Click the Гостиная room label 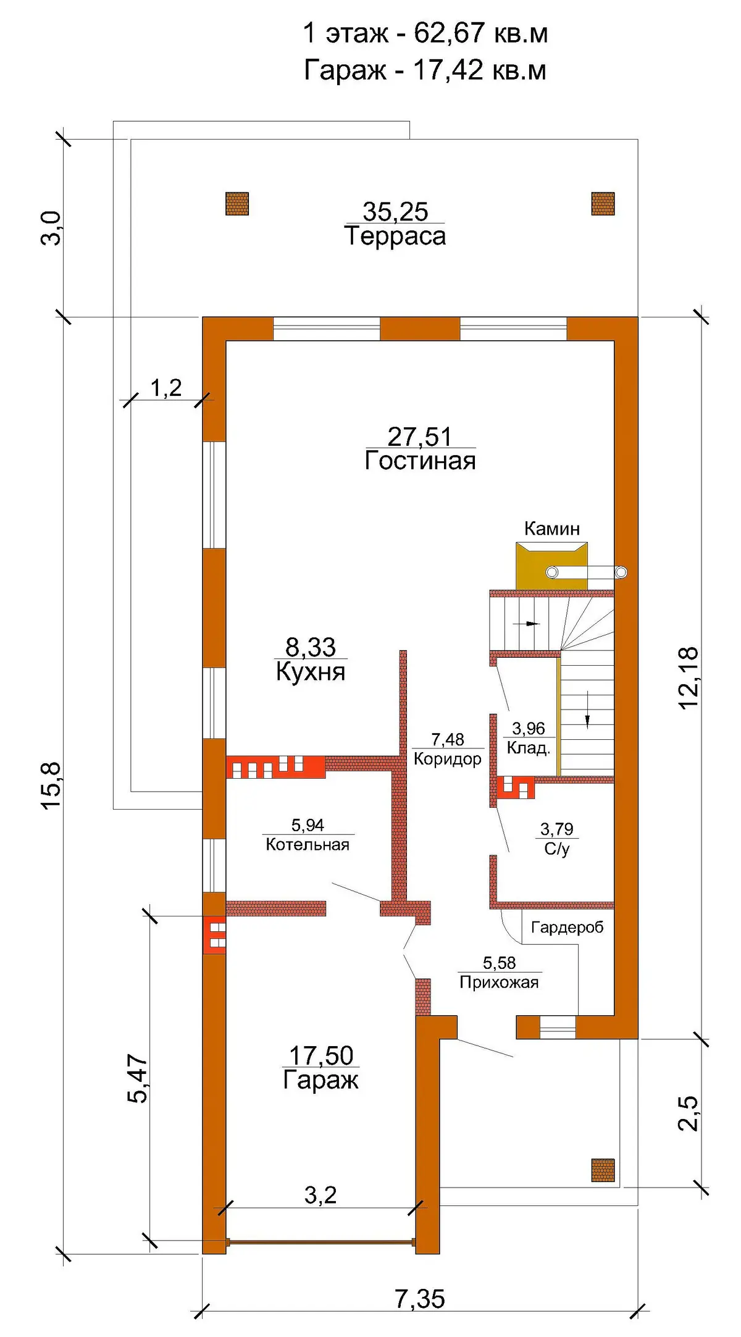[x=420, y=461]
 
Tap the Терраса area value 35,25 [x=395, y=212]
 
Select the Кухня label [x=311, y=671]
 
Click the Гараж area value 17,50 [x=321, y=1055]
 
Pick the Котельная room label [x=308, y=844]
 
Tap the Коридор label [x=448, y=758]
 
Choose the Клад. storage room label [x=529, y=748]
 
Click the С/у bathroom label [x=557, y=849]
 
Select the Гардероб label [x=567, y=928]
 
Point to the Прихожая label [x=499, y=983]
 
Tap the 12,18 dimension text [x=689, y=677]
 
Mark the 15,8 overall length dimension [x=52, y=785]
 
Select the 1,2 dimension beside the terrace [x=166, y=388]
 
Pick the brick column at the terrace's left [x=237, y=203]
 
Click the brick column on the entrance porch [x=603, y=1170]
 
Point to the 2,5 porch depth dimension [x=689, y=1113]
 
